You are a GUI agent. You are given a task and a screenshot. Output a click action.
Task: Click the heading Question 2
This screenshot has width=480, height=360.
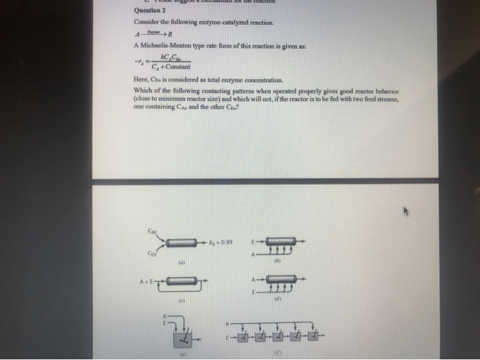[141, 11]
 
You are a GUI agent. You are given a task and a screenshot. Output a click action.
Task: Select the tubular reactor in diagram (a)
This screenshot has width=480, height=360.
[183, 242]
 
